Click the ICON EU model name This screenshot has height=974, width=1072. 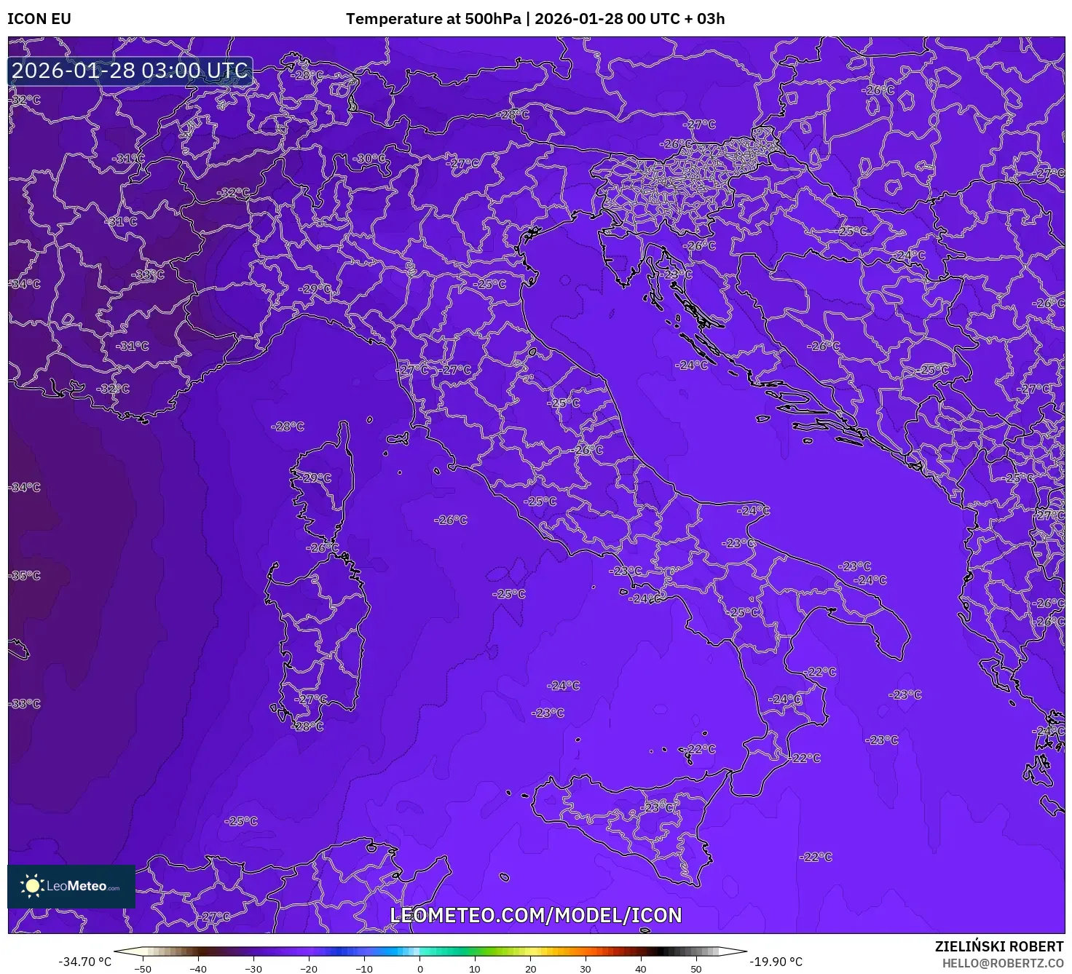tap(39, 19)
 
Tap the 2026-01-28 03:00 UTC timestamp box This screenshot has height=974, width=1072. tap(130, 71)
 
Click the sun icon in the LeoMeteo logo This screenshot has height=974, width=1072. tap(33, 885)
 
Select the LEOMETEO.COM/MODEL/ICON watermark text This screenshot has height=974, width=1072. tap(536, 915)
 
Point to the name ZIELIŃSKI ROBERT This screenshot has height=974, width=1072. tap(999, 946)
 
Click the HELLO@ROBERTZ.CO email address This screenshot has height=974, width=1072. tap(1002, 963)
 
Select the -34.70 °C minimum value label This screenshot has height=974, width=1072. tap(85, 962)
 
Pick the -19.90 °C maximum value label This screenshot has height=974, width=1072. tap(776, 962)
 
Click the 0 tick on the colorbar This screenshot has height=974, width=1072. tap(419, 968)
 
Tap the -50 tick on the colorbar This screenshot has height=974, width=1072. tap(143, 968)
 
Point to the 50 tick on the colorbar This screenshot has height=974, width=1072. tap(696, 968)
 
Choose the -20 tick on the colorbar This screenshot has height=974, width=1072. tap(309, 968)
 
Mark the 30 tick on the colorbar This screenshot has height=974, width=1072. tap(586, 968)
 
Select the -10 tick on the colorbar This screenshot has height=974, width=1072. tap(364, 968)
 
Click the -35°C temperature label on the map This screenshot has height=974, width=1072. tap(25, 576)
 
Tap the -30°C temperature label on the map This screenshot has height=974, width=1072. tap(370, 159)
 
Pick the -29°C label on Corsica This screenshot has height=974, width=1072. tap(316, 478)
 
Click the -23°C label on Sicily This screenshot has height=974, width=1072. tap(658, 807)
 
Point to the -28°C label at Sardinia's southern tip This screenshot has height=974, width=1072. tap(307, 726)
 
